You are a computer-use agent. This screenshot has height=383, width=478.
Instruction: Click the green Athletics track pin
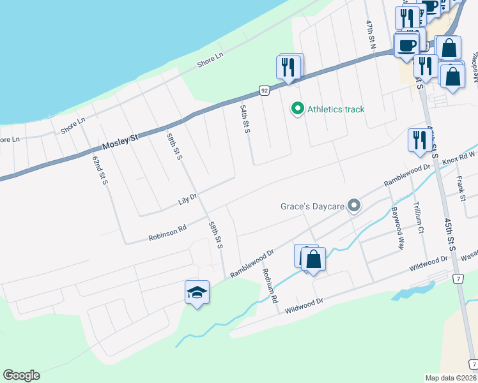click(x=297, y=109)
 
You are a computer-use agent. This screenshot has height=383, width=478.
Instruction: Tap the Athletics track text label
click(x=335, y=109)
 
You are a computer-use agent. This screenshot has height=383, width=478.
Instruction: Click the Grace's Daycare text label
click(x=312, y=206)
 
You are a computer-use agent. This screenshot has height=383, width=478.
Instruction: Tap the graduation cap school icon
click(x=197, y=293)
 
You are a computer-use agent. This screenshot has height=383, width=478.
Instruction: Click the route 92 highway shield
click(x=264, y=91)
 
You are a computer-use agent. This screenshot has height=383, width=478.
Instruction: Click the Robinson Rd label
click(x=167, y=232)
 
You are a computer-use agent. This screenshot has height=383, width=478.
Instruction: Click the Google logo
click(x=21, y=375)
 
